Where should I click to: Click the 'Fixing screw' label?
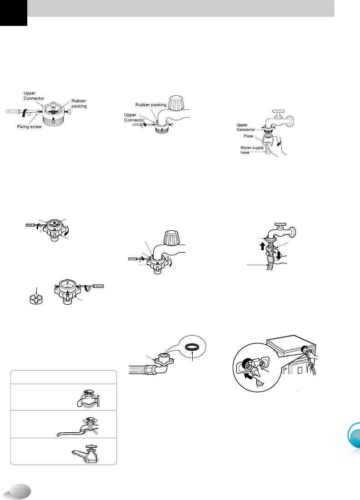30,127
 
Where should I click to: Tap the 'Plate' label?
248,136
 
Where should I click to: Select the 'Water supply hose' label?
252,150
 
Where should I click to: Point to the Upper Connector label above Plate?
246,127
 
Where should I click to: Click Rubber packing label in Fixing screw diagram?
79,104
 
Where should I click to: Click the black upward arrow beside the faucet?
262,246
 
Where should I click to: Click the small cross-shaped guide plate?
36,300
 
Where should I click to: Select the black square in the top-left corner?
13,13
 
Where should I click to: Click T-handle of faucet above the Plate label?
276,112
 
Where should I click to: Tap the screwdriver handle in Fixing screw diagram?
13,112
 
